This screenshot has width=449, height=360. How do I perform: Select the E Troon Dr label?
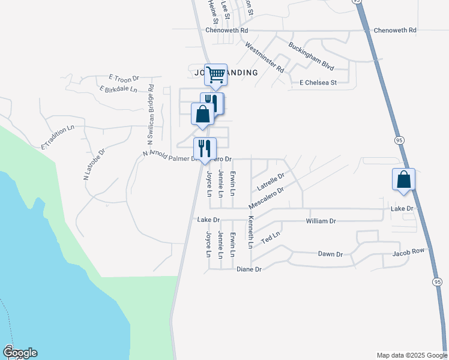point(124,79)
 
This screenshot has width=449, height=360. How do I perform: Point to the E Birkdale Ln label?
point(118,89)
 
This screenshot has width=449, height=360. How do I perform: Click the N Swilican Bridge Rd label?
point(151,114)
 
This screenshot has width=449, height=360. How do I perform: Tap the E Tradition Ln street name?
point(58,137)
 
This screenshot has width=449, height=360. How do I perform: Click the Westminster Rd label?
point(265,56)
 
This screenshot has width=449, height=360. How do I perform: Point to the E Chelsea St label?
point(318,82)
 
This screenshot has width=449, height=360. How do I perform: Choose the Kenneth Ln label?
point(251,233)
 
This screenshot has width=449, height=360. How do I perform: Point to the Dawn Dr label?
point(330,254)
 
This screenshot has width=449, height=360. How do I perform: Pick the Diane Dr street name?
point(249,269)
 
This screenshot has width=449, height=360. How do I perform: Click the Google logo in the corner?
point(20,352)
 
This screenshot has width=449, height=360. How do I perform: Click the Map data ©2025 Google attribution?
point(411,355)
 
